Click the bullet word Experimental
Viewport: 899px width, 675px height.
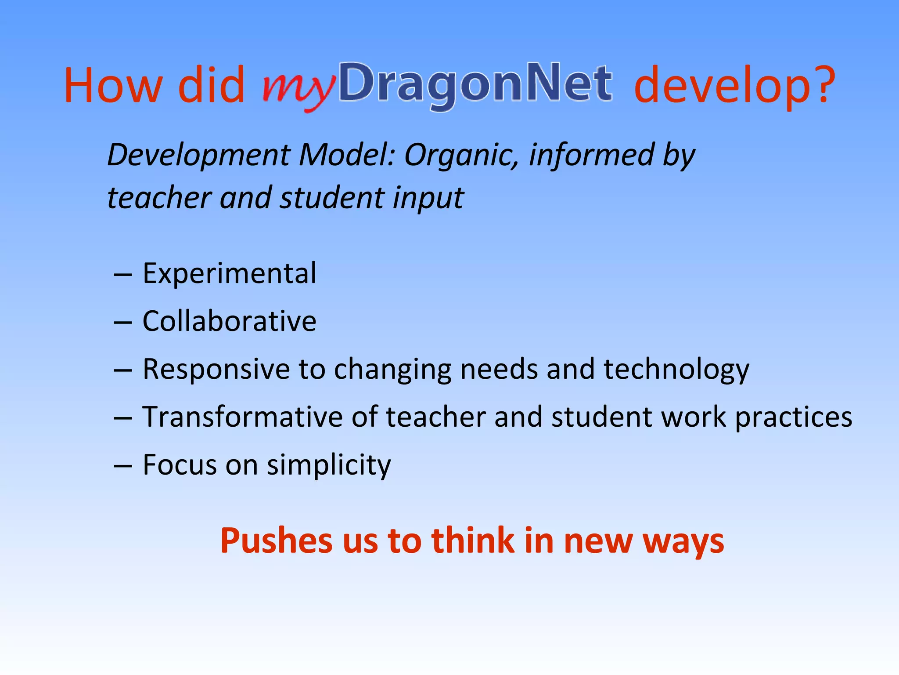pos(229,273)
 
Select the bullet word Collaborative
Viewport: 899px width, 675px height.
pos(229,321)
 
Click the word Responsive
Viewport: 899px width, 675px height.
pos(216,369)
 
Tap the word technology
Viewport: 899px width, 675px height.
pos(676,369)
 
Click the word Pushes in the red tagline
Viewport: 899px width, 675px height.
pos(276,541)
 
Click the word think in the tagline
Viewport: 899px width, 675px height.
pos(472,541)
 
